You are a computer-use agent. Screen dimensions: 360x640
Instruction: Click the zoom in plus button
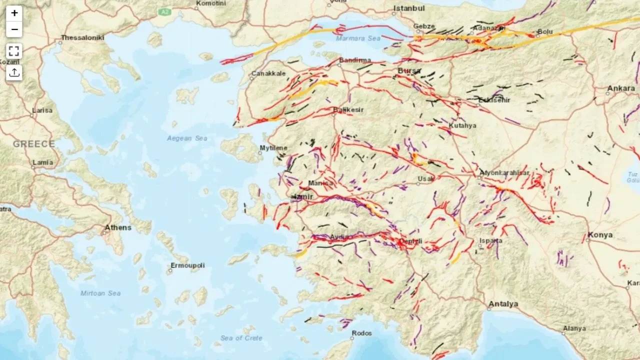click(14, 13)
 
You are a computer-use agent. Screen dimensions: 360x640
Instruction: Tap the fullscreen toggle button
click(14, 51)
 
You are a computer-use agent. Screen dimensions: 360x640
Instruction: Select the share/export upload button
click(14, 72)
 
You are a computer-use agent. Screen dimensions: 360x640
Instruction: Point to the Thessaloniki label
click(82, 37)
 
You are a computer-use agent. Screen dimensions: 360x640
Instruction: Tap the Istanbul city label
click(409, 8)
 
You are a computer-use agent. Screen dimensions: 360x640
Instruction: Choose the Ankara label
click(620, 88)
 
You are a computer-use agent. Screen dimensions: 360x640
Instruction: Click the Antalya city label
click(503, 304)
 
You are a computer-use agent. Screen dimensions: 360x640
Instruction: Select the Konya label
click(600, 235)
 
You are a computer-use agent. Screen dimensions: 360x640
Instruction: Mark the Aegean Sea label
click(187, 138)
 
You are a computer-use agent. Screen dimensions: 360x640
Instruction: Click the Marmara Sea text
click(358, 38)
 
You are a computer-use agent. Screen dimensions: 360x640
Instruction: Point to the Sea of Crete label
click(241, 338)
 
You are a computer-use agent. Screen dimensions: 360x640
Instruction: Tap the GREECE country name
click(34, 144)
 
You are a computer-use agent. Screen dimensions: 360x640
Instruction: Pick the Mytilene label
click(273, 148)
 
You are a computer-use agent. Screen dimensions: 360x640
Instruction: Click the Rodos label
click(362, 333)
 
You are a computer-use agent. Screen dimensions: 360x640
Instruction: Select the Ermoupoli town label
click(187, 265)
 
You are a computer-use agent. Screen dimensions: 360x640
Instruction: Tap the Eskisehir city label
click(494, 100)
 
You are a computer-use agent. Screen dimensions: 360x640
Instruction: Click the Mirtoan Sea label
click(100, 293)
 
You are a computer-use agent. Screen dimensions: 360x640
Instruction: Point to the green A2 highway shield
click(164, 10)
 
